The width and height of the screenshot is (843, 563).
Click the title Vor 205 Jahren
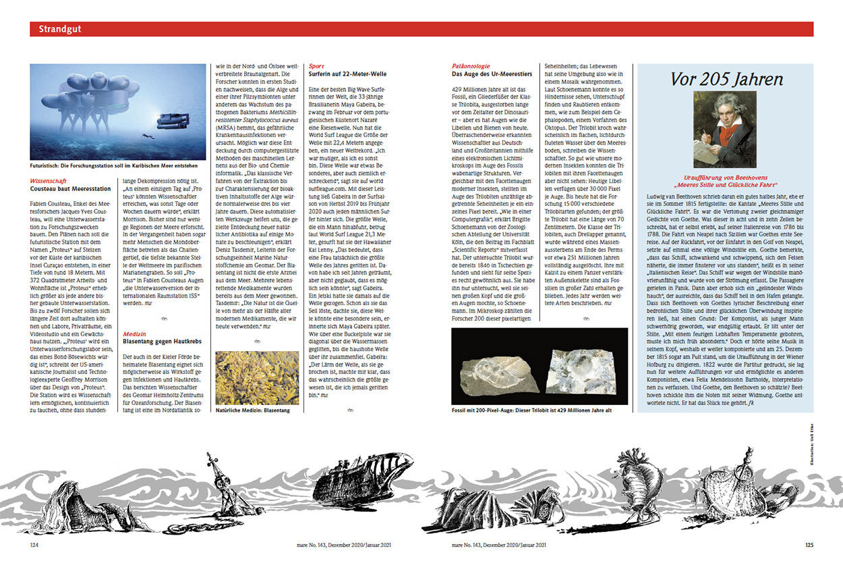click(x=726, y=80)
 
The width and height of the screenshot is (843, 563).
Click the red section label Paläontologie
click(x=471, y=66)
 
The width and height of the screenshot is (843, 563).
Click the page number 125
click(x=809, y=544)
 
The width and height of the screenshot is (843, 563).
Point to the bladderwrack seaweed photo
click(x=256, y=377)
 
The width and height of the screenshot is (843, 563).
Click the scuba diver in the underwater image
click(x=147, y=136)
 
